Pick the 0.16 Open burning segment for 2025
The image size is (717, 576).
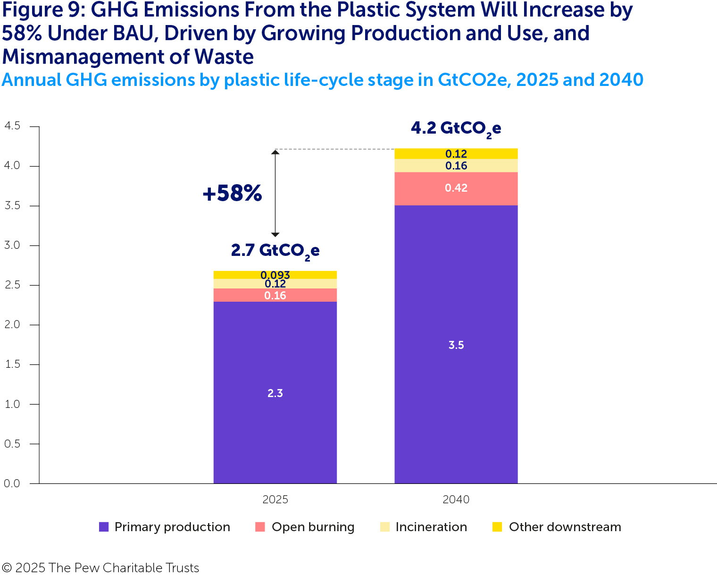(275, 296)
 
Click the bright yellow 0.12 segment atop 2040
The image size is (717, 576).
(456, 153)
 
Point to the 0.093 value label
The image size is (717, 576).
(275, 275)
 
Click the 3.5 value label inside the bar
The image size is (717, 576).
(456, 345)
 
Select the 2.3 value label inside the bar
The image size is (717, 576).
(275, 393)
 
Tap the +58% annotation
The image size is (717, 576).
(232, 193)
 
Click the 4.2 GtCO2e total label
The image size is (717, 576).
(456, 128)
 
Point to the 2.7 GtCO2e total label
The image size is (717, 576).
(275, 250)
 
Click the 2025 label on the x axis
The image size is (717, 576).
(275, 500)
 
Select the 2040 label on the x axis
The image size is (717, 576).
(456, 500)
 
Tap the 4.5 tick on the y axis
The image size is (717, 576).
(12, 126)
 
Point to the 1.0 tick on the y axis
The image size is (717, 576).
(12, 404)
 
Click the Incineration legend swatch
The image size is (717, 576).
(385, 527)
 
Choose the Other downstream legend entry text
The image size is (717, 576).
(565, 527)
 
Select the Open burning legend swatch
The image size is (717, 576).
(260, 527)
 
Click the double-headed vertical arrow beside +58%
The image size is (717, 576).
(275, 193)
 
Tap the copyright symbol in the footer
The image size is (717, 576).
(7, 568)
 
